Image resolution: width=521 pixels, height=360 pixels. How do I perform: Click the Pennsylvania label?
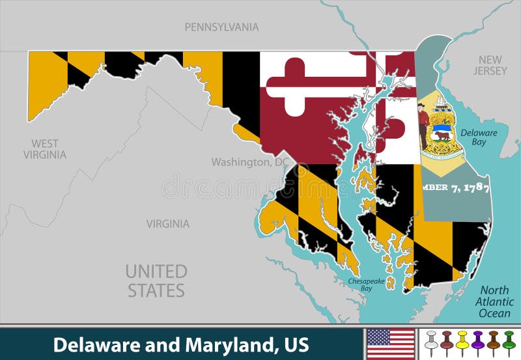click(x=221, y=27)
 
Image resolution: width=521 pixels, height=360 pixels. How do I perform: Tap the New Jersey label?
click(x=489, y=65)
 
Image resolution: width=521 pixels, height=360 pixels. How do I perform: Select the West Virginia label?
click(x=45, y=149)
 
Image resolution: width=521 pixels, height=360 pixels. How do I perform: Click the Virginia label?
click(x=167, y=224)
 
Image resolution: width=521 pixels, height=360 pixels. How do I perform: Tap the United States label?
click(x=156, y=281)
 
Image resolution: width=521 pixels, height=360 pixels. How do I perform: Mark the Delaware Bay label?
click(x=479, y=137)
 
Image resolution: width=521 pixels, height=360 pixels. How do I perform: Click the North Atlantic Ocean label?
click(x=494, y=302)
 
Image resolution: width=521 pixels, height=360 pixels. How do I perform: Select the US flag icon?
click(x=391, y=344)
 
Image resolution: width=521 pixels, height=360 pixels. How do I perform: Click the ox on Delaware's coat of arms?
click(x=442, y=136)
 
